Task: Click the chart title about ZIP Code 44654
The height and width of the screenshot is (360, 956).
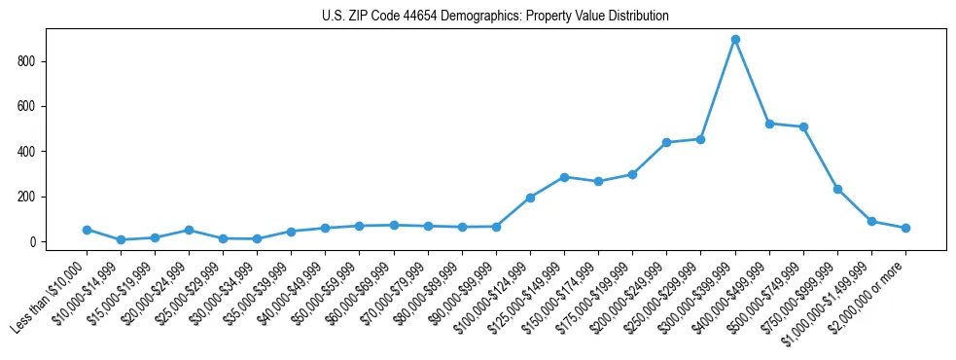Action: click(495, 17)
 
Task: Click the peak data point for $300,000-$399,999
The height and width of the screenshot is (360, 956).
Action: click(735, 40)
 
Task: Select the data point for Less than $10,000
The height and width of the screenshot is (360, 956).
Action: click(87, 230)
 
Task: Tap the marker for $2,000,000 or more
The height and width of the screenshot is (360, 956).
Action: click(905, 228)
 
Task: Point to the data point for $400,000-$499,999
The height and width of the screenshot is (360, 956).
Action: click(769, 124)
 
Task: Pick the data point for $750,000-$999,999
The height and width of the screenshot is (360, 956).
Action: click(837, 189)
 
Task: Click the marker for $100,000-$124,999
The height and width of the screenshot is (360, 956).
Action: click(530, 198)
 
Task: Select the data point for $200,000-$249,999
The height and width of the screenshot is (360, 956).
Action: click(666, 142)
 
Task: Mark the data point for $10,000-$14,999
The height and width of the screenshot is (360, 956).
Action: click(121, 239)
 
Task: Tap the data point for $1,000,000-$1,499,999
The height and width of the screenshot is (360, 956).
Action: click(871, 221)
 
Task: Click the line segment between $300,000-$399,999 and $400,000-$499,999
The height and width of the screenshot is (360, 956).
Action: click(753, 82)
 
